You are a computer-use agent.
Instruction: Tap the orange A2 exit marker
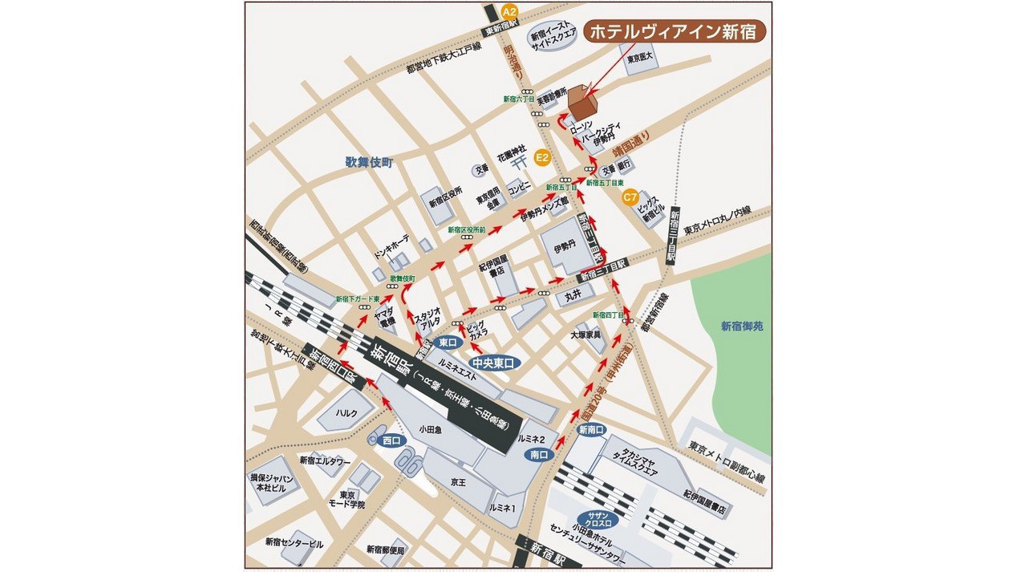[x=509, y=11]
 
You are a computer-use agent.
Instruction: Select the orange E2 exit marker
[x=542, y=157]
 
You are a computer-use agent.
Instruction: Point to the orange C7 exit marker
[x=630, y=195]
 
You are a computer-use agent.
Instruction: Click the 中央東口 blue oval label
[x=495, y=363]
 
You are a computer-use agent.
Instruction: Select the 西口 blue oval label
[x=392, y=440]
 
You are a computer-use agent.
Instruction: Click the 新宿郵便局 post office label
[x=386, y=550]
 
